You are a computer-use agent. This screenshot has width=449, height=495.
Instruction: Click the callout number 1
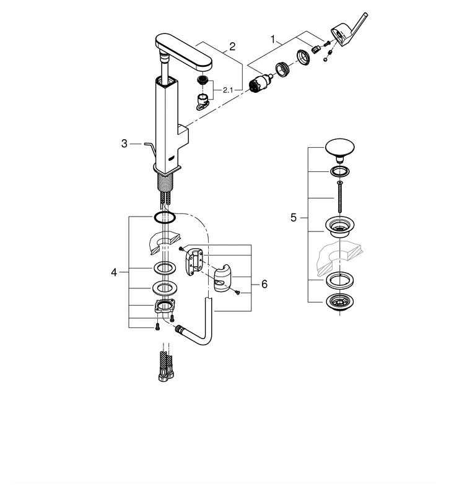click(x=272, y=38)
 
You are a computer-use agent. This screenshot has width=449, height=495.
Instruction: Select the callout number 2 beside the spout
click(x=232, y=46)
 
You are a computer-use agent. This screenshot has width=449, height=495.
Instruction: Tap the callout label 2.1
click(x=228, y=90)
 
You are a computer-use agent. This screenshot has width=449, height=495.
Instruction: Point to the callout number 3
click(x=124, y=144)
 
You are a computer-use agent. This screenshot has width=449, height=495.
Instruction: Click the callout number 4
click(x=114, y=272)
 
